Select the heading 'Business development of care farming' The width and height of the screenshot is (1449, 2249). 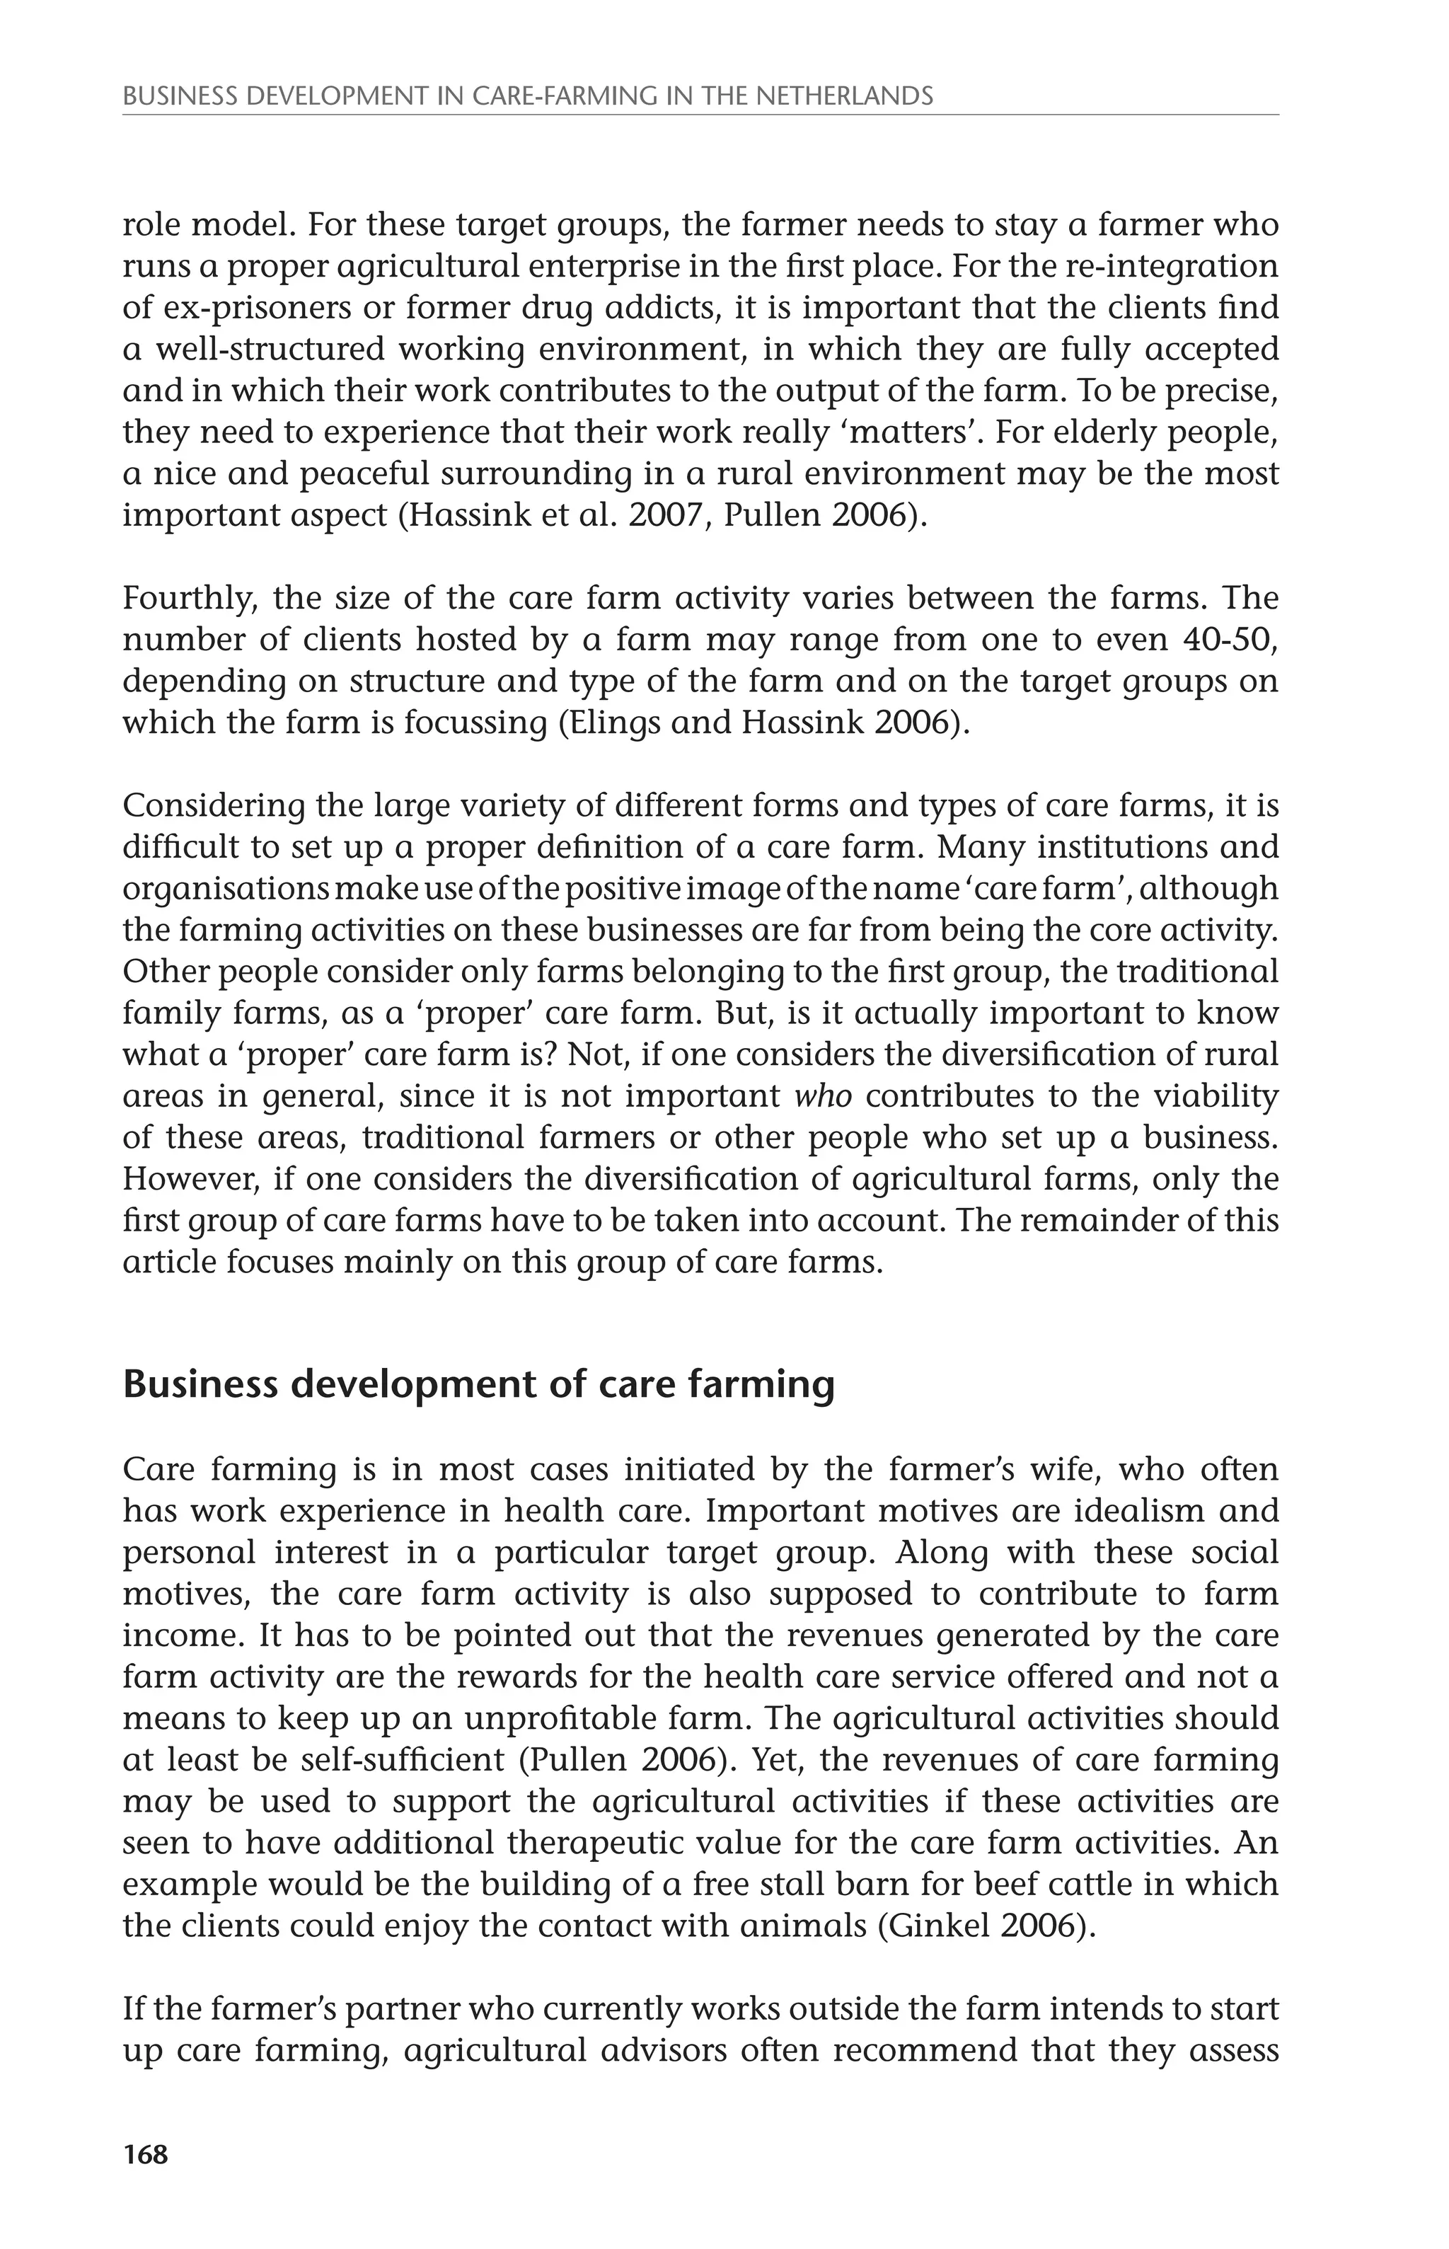pos(478,1385)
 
